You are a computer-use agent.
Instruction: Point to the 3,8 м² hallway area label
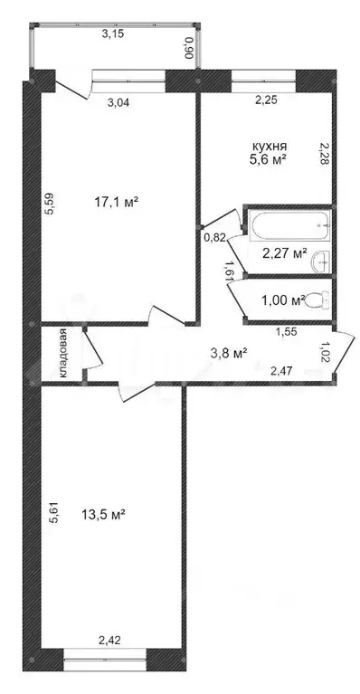[x=229, y=354]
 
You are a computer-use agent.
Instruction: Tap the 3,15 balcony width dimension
[x=112, y=34]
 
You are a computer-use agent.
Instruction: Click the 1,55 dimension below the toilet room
[x=287, y=333]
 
